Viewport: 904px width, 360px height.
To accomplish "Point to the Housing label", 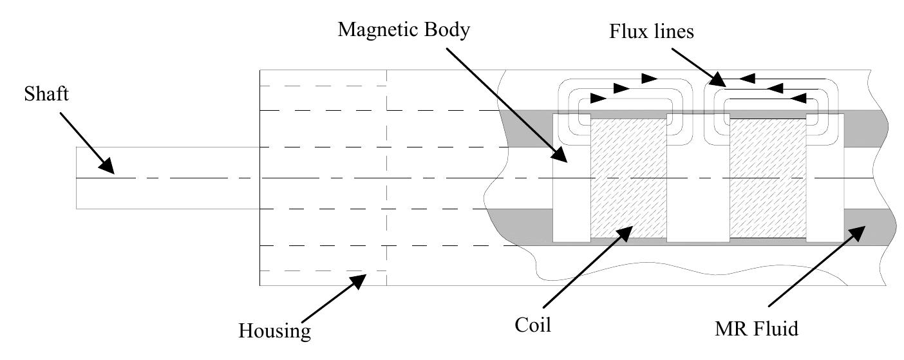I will (275, 331).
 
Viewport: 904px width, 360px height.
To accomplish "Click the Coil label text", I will (534, 325).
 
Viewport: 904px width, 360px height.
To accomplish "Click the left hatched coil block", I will (628, 178).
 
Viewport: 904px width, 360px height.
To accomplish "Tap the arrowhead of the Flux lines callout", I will (720, 82).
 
